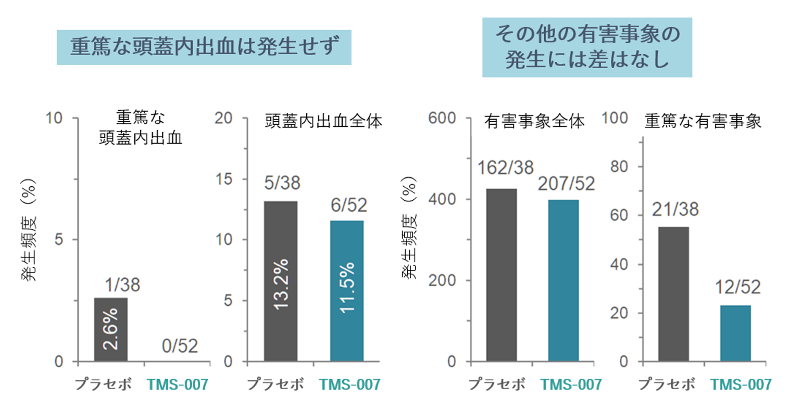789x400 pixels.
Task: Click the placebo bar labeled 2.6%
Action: point(110,330)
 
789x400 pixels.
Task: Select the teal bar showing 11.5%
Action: point(347,291)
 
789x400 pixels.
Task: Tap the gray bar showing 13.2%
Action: point(281,281)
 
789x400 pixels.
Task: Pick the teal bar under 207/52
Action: point(563,280)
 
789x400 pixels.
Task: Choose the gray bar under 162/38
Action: point(501,275)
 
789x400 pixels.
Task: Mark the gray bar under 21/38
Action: point(673,294)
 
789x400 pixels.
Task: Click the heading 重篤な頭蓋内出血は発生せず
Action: point(204,47)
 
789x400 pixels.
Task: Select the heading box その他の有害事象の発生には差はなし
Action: point(587,47)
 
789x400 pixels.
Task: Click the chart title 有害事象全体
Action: point(534,122)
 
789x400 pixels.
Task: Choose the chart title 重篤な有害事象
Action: point(703,122)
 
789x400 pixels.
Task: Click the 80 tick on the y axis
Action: point(623,167)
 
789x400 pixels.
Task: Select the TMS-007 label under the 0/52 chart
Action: point(178,385)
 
